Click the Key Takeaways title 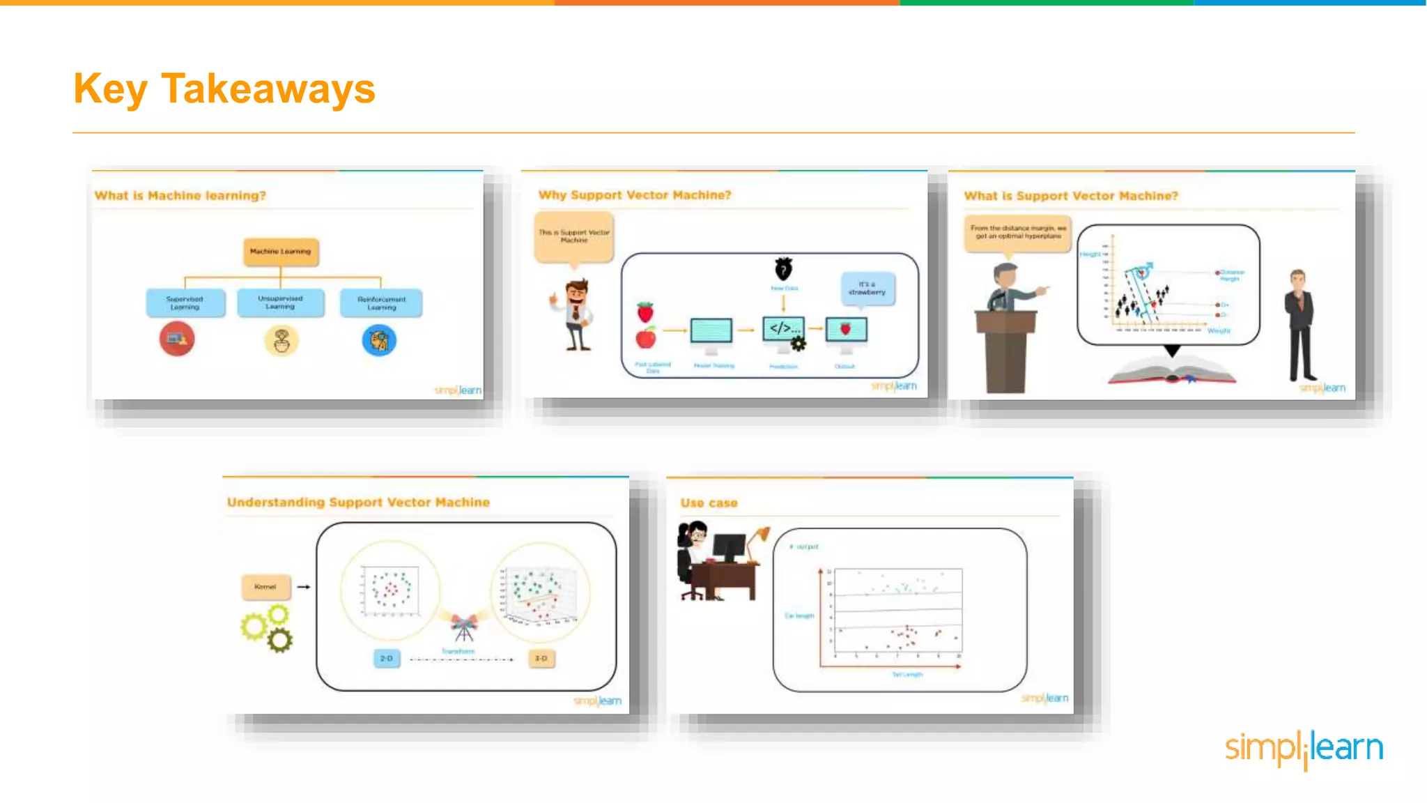pyautogui.click(x=224, y=89)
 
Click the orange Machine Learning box pyautogui.click(x=281, y=252)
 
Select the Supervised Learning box pyautogui.click(x=185, y=303)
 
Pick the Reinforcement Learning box pyautogui.click(x=381, y=303)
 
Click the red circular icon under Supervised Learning pyautogui.click(x=177, y=339)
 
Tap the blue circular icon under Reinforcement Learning pyautogui.click(x=379, y=341)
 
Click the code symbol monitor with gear pyautogui.click(x=784, y=331)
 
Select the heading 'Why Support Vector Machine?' pyautogui.click(x=635, y=195)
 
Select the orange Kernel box pyautogui.click(x=265, y=587)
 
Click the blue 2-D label pyautogui.click(x=387, y=659)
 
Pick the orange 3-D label pyautogui.click(x=541, y=659)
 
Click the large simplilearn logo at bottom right pyautogui.click(x=1304, y=749)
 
